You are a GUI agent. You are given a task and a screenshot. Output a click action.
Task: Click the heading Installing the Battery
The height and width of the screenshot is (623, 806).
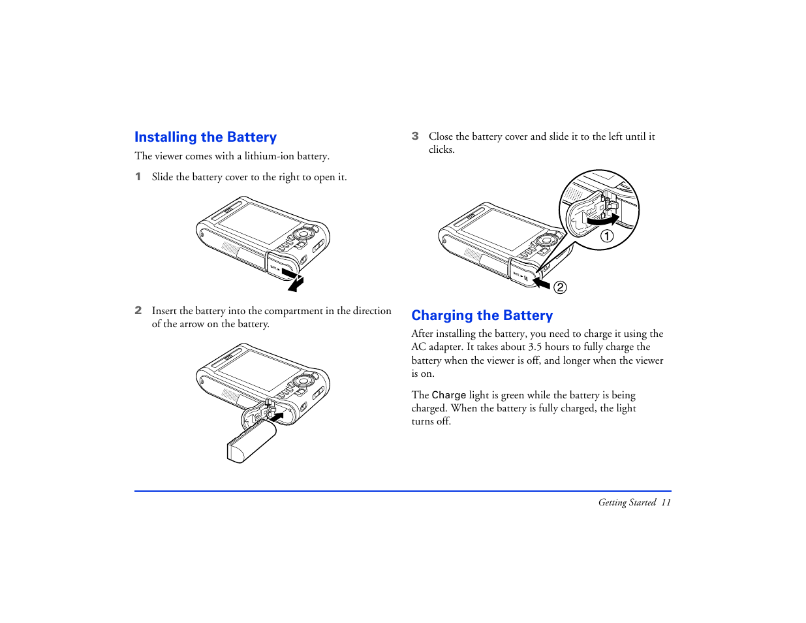click(x=206, y=137)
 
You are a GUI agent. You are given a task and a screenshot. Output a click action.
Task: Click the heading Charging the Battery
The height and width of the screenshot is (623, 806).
click(x=482, y=315)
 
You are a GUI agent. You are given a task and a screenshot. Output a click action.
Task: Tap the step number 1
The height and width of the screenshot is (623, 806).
click(x=138, y=177)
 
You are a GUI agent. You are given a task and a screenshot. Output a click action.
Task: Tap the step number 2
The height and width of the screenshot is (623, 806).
click(x=138, y=311)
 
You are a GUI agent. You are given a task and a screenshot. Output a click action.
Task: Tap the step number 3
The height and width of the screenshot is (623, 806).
click(x=415, y=136)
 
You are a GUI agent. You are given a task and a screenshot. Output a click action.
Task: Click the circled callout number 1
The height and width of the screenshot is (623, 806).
click(x=607, y=236)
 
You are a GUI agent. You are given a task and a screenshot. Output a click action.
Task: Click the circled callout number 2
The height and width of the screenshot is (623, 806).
click(x=560, y=287)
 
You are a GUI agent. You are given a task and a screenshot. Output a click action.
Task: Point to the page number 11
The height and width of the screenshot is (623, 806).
click(x=666, y=502)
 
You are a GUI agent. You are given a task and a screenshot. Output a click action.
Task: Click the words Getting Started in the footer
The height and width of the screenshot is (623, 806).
click(x=627, y=502)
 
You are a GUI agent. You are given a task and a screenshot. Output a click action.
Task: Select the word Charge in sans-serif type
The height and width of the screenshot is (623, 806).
click(x=449, y=395)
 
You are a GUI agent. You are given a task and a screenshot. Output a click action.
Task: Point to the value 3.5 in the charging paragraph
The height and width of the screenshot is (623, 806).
click(x=535, y=347)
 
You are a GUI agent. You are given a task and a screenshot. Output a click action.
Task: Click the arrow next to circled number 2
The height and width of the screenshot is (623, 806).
click(x=542, y=282)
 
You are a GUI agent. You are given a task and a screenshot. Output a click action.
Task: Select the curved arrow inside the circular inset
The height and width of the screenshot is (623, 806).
click(x=602, y=220)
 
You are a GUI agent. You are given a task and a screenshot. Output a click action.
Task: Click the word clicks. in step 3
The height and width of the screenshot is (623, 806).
click(x=442, y=150)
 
